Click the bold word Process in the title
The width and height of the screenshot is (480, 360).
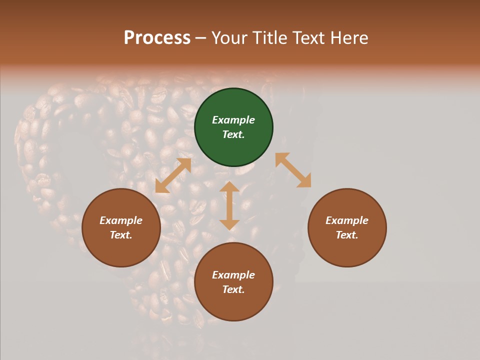pyautogui.click(x=157, y=38)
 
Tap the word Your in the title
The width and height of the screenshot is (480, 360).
pyautogui.click(x=231, y=38)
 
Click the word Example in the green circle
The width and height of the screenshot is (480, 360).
pyautogui.click(x=233, y=120)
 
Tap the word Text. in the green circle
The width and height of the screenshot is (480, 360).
pyautogui.click(x=233, y=134)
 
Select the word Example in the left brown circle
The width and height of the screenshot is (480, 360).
pyautogui.click(x=121, y=220)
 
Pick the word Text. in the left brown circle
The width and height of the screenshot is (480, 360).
pyautogui.click(x=121, y=235)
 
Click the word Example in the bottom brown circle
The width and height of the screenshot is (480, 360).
pyautogui.click(x=233, y=275)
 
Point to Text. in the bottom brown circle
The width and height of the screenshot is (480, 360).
pyautogui.click(x=233, y=289)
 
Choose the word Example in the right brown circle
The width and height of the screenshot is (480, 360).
pyautogui.click(x=347, y=220)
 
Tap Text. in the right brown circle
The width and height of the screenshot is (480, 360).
pyautogui.click(x=347, y=235)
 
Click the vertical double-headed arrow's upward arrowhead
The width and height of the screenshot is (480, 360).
pyautogui.click(x=229, y=187)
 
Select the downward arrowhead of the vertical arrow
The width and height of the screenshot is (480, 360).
pyautogui.click(x=229, y=224)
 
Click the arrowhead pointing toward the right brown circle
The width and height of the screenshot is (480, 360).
pyautogui.click(x=304, y=181)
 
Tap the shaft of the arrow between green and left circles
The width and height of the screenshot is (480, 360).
pyautogui.click(x=173, y=175)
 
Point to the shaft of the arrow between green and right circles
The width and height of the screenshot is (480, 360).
pyautogui.click(x=293, y=170)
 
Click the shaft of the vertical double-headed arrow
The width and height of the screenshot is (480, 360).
pyautogui.click(x=229, y=206)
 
